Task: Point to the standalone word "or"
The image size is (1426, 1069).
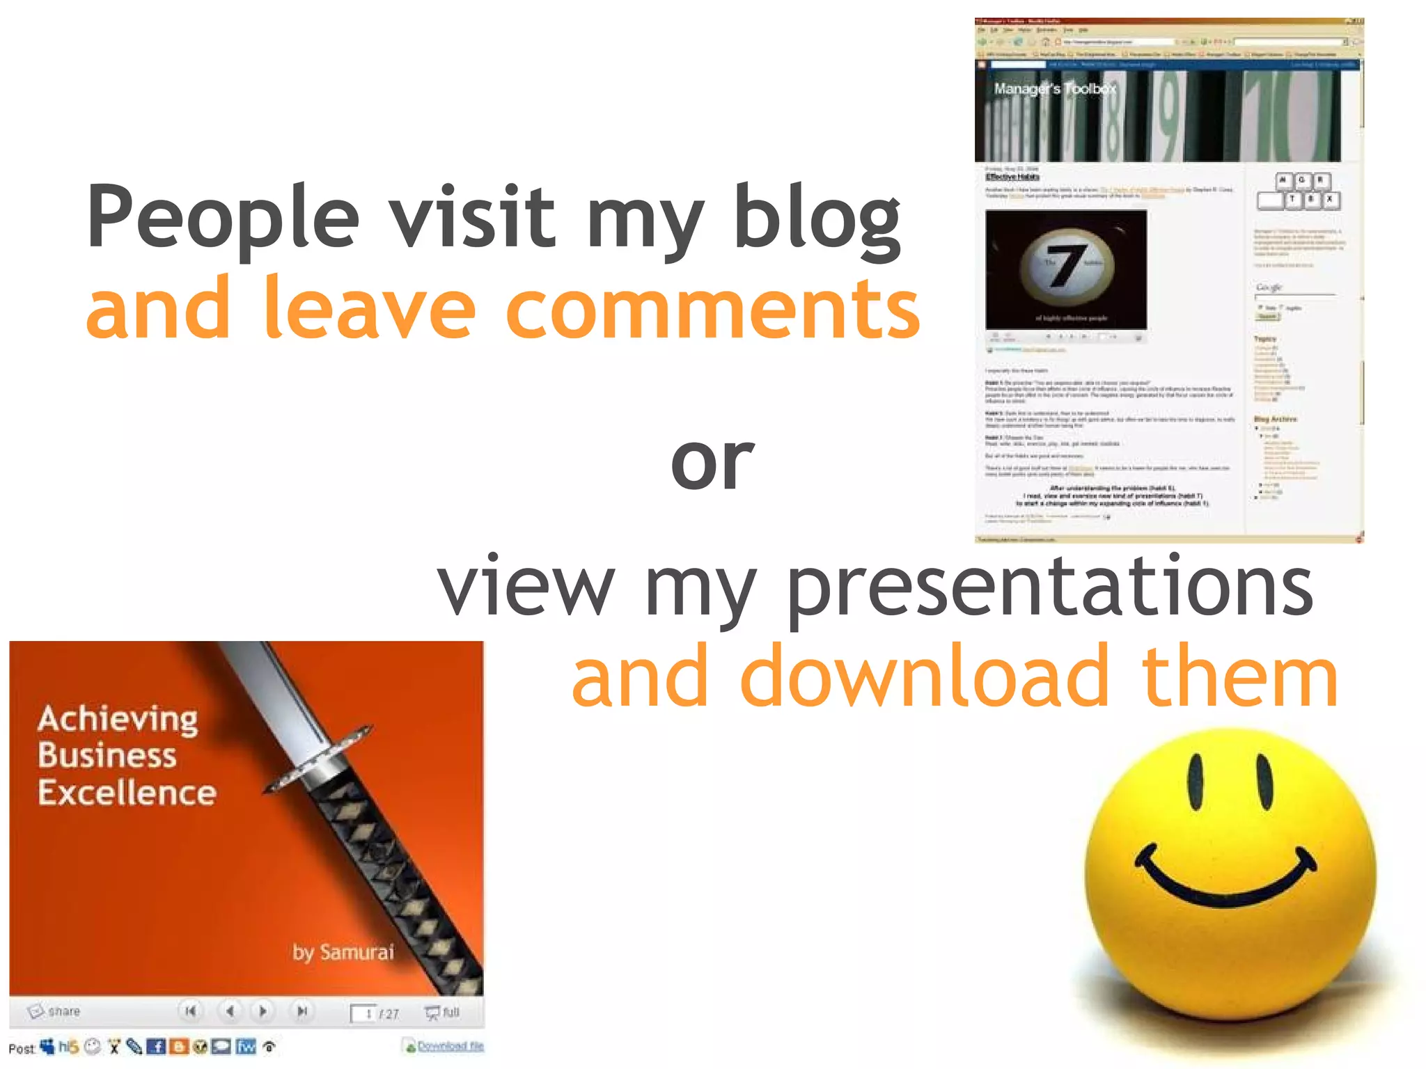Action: (x=712, y=461)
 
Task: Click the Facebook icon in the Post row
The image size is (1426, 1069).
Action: (x=156, y=1047)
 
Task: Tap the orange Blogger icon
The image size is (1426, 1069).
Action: (x=178, y=1047)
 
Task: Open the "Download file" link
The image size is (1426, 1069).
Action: (x=450, y=1046)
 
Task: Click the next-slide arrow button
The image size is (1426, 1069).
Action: (x=263, y=1011)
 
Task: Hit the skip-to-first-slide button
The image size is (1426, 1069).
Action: (x=190, y=1011)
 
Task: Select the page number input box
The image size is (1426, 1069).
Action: (x=363, y=1013)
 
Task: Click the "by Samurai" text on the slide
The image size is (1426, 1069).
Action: (x=343, y=952)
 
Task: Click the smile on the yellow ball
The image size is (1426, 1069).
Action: (x=1225, y=880)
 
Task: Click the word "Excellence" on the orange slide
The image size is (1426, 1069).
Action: (x=127, y=793)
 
